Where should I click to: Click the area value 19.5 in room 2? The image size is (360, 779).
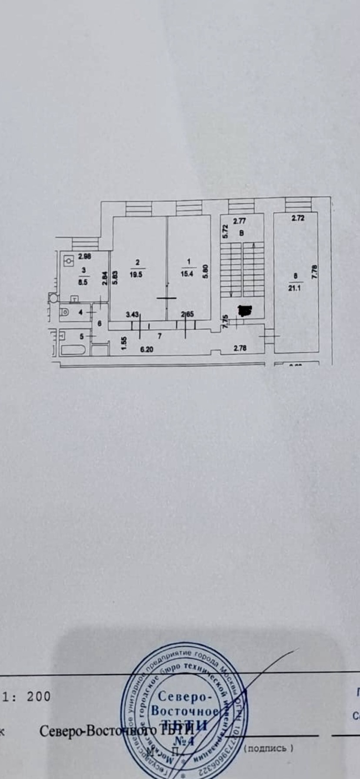(136, 274)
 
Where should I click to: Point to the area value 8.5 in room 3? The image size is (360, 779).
(83, 281)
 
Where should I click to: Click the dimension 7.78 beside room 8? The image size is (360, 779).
(315, 272)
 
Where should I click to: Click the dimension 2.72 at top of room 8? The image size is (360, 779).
(298, 218)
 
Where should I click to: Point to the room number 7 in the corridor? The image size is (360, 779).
(160, 336)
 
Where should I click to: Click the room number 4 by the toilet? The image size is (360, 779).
(81, 312)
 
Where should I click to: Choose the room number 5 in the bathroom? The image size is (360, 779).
(81, 336)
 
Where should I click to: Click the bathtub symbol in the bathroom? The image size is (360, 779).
(74, 350)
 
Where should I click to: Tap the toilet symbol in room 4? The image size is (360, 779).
(64, 311)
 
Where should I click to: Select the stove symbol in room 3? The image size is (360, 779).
(69, 262)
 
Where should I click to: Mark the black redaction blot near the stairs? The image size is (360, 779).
(245, 310)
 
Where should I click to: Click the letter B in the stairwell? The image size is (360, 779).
(241, 233)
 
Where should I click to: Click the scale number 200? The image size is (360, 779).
(39, 697)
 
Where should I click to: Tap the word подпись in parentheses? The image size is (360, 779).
(268, 748)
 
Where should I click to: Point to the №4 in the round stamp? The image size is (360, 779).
(184, 742)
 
